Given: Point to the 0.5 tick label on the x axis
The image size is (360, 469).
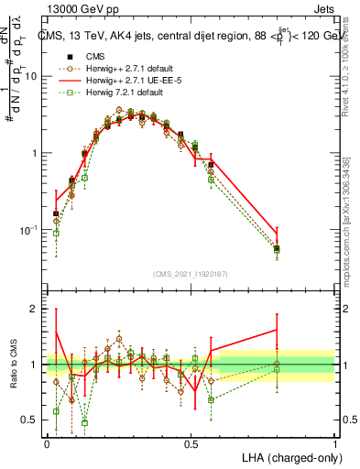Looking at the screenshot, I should pyautogui.click(x=191, y=442).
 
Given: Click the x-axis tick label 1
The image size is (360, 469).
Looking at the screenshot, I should pyautogui.click(x=335, y=442).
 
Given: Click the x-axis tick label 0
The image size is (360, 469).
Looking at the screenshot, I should pyautogui.click(x=47, y=442).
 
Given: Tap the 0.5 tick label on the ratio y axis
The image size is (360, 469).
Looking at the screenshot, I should pyautogui.click(x=31, y=420).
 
